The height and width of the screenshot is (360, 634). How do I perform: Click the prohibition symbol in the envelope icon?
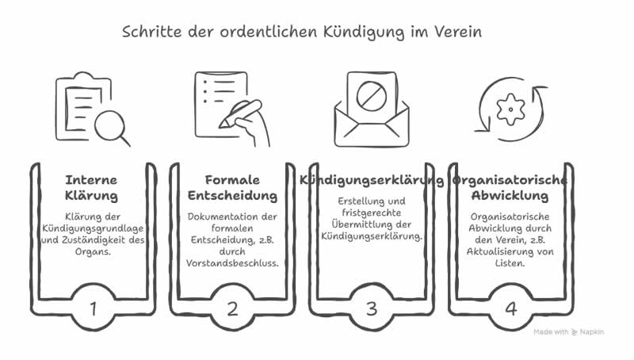pyautogui.click(x=370, y=98)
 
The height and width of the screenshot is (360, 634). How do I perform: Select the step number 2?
pyautogui.click(x=231, y=308)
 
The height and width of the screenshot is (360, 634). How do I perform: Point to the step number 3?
pyautogui.click(x=371, y=308)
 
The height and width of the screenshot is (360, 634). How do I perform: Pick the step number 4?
pyautogui.click(x=510, y=307)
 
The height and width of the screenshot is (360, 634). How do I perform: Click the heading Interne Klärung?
pyautogui.click(x=92, y=186)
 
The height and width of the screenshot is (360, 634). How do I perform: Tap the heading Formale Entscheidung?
pyautogui.click(x=231, y=186)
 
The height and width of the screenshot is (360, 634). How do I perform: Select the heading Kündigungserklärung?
pyautogui.click(x=371, y=180)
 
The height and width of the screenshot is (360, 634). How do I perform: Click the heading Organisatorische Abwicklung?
pyautogui.click(x=510, y=186)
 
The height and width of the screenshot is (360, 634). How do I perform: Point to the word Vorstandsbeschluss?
pyautogui.click(x=232, y=263)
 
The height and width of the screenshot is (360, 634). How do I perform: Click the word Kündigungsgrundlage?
pyautogui.click(x=93, y=228)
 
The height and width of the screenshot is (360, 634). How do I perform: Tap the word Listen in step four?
pyautogui.click(x=510, y=263)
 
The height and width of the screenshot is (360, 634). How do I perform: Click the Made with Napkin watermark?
pyautogui.click(x=568, y=332)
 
